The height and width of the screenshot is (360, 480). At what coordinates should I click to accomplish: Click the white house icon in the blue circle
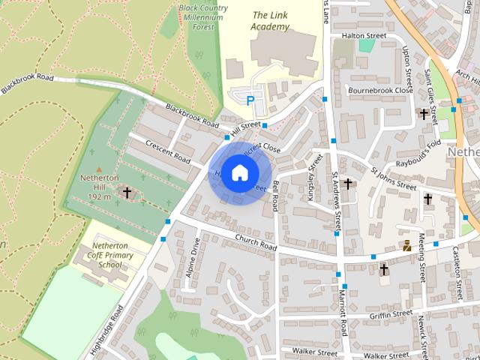(238, 172)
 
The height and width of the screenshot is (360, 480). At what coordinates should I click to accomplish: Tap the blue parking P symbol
(250, 99)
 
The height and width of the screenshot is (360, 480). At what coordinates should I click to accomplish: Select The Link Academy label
(270, 20)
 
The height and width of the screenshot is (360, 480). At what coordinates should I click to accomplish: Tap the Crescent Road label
(167, 149)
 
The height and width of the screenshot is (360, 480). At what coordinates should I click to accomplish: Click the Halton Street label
(363, 35)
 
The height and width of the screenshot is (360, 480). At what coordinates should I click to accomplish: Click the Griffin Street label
(391, 315)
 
